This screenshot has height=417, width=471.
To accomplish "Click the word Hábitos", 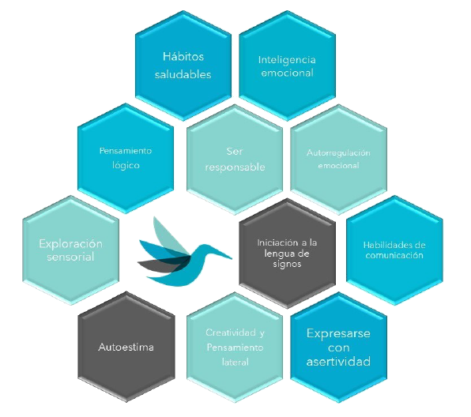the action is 183,56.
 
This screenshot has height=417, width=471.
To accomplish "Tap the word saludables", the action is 183,74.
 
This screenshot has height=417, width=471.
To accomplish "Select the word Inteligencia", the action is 287,60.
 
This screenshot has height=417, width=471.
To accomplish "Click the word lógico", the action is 126,165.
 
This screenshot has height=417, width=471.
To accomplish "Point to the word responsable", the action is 235,167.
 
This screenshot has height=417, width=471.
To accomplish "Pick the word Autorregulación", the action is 338,153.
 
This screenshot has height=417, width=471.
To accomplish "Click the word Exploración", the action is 70,243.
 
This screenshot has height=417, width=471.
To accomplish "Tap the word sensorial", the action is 70,257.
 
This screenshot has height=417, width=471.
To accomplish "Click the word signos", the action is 287,265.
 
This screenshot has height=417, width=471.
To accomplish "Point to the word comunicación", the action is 394,255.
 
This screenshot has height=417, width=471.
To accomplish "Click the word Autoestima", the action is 126,347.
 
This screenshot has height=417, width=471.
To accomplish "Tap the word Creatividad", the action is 231,332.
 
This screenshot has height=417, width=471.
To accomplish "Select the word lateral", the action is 236,362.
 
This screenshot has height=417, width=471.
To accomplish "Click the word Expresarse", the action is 338,333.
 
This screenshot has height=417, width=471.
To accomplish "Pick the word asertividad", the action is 338,362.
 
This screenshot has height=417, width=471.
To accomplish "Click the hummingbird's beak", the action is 222,254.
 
